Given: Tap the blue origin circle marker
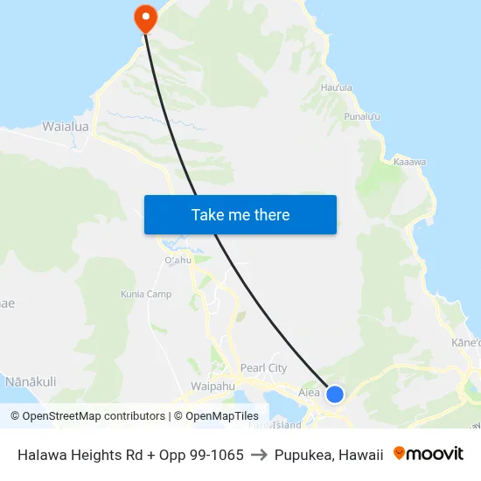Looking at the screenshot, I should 335,394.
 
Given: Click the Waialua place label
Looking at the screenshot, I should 66,127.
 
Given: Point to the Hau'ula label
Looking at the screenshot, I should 337,87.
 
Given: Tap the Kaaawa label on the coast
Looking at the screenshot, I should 409,162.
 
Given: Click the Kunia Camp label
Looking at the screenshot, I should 146,294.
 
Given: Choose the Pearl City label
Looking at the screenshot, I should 263,368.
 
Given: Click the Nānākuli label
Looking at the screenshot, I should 31,381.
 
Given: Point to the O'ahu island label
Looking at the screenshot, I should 178,261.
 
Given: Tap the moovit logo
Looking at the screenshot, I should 429,454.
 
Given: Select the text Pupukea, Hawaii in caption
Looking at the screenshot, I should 329,455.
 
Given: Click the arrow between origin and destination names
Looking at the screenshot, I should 259,455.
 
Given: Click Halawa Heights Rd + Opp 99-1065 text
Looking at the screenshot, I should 130,455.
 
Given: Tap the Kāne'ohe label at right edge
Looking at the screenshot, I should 467,342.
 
